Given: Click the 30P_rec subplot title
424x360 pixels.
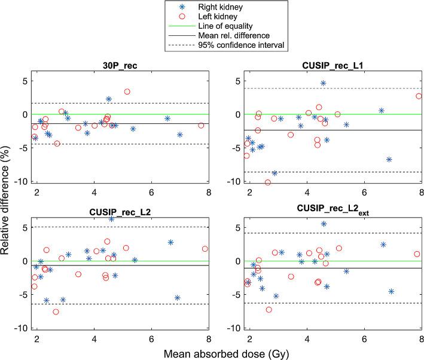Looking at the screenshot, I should (121, 66).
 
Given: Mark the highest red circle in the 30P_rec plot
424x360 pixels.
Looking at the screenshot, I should (127, 91).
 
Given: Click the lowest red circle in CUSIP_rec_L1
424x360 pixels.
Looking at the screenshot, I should (267, 182).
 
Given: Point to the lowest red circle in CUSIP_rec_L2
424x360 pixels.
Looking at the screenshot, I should (56, 312).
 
